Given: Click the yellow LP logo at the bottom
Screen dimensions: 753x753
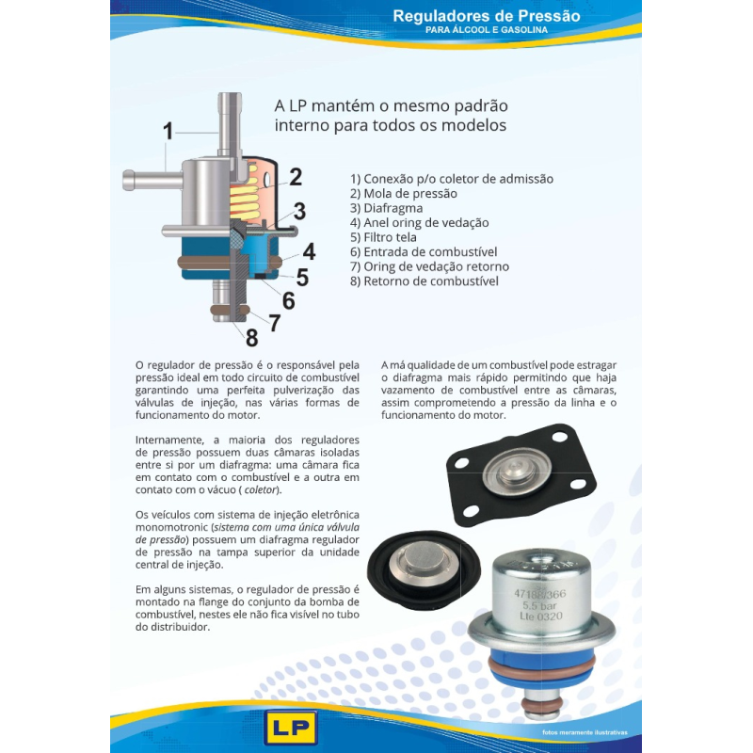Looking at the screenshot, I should click(292, 727).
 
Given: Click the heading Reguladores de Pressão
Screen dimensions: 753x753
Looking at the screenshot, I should click(486, 16).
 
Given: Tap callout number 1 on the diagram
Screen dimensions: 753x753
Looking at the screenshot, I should click(168, 131).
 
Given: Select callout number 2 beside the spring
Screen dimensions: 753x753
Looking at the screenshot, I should click(295, 177).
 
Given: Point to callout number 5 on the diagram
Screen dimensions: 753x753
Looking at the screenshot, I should click(301, 277).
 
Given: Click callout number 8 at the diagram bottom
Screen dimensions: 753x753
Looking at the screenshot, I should click(252, 336).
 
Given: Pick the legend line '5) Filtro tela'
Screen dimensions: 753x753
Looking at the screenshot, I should click(383, 237).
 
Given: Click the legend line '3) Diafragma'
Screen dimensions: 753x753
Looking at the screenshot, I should click(386, 208).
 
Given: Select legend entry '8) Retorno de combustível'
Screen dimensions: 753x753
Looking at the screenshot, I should click(424, 281).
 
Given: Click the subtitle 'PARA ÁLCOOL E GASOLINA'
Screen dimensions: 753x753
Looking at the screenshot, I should click(486, 30).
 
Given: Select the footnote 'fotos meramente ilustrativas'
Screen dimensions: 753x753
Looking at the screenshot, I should click(584, 731).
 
